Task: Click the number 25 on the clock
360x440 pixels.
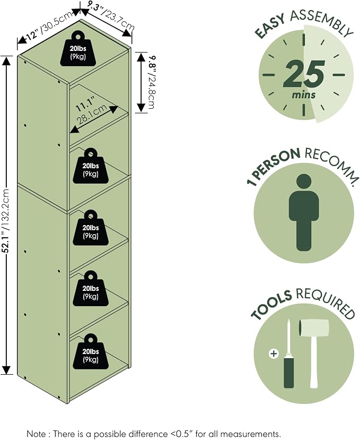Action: [304, 75]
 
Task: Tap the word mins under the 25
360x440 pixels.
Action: [304, 95]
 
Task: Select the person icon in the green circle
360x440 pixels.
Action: [304, 212]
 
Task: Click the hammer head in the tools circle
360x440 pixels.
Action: [313, 327]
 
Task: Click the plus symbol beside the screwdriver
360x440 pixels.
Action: [274, 353]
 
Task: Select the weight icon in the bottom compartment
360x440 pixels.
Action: [91, 351]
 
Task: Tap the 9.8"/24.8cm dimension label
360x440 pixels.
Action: [152, 82]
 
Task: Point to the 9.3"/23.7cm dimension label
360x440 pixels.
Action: [110, 16]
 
